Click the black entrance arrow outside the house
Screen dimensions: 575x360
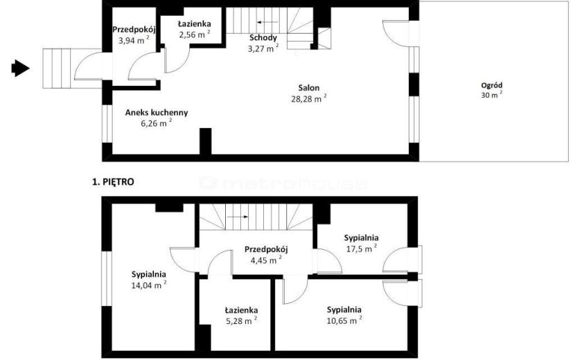tap(21, 68)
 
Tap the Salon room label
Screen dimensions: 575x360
tap(309, 88)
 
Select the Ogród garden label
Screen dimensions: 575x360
tap(491, 85)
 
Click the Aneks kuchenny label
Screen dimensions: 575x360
tap(157, 113)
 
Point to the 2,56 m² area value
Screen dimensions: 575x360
tap(195, 35)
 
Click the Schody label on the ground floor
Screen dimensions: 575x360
tap(263, 38)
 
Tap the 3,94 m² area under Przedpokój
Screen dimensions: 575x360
tap(134, 40)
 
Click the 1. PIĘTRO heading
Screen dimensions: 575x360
tap(113, 182)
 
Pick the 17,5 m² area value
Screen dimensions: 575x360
tap(362, 249)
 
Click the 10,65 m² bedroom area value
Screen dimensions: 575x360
tap(344, 321)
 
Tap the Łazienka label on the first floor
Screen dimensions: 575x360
tap(241, 311)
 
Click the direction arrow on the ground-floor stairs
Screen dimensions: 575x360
tap(267, 22)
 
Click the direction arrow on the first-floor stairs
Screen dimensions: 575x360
tap(238, 217)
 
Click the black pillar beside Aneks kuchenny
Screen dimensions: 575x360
tap(205, 141)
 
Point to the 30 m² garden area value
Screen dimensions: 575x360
tap(491, 95)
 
